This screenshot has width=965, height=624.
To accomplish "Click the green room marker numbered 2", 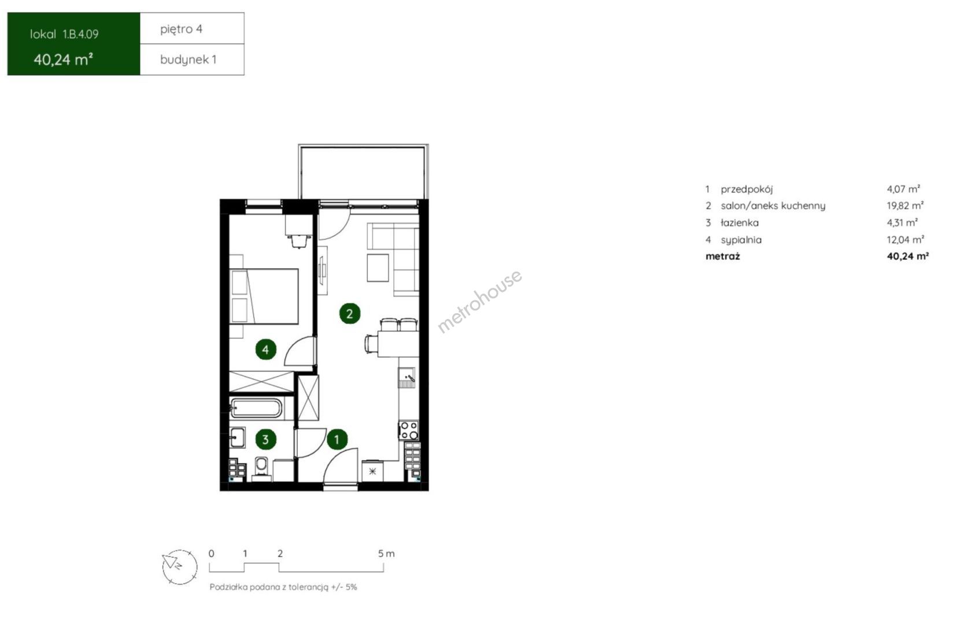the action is pyautogui.click(x=349, y=314).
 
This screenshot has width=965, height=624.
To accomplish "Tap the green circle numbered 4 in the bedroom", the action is pyautogui.click(x=265, y=349).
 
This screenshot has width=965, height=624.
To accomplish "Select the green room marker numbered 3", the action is pyautogui.click(x=265, y=439).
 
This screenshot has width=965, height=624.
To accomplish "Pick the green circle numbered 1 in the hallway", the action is pyautogui.click(x=337, y=439).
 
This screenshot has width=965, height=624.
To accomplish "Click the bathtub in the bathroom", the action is pyautogui.click(x=256, y=408).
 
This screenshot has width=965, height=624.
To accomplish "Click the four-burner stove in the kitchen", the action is pyautogui.click(x=408, y=430).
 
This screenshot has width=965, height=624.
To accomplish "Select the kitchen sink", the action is pyautogui.click(x=407, y=378).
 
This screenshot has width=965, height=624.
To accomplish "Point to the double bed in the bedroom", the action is pyautogui.click(x=264, y=296).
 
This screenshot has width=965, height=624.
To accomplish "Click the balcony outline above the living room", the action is pyautogui.click(x=363, y=146).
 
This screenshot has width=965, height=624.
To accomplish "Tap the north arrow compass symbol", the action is pyautogui.click(x=180, y=567).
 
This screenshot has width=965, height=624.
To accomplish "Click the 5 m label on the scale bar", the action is pyautogui.click(x=386, y=554).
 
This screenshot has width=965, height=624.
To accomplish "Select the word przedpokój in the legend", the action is pyautogui.click(x=746, y=189).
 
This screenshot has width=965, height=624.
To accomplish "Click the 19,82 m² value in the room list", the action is pyautogui.click(x=905, y=206).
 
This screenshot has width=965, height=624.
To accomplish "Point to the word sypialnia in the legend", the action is pyautogui.click(x=741, y=240).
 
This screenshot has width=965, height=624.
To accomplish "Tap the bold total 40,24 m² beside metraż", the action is pyautogui.click(x=908, y=256).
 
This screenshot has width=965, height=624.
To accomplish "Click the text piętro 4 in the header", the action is pyautogui.click(x=181, y=29).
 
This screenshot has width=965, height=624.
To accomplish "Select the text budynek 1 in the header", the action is pyautogui.click(x=188, y=60).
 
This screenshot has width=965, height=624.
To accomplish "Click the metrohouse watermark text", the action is pyautogui.click(x=480, y=301).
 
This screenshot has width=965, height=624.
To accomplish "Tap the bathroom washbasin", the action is pyautogui.click(x=238, y=437).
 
